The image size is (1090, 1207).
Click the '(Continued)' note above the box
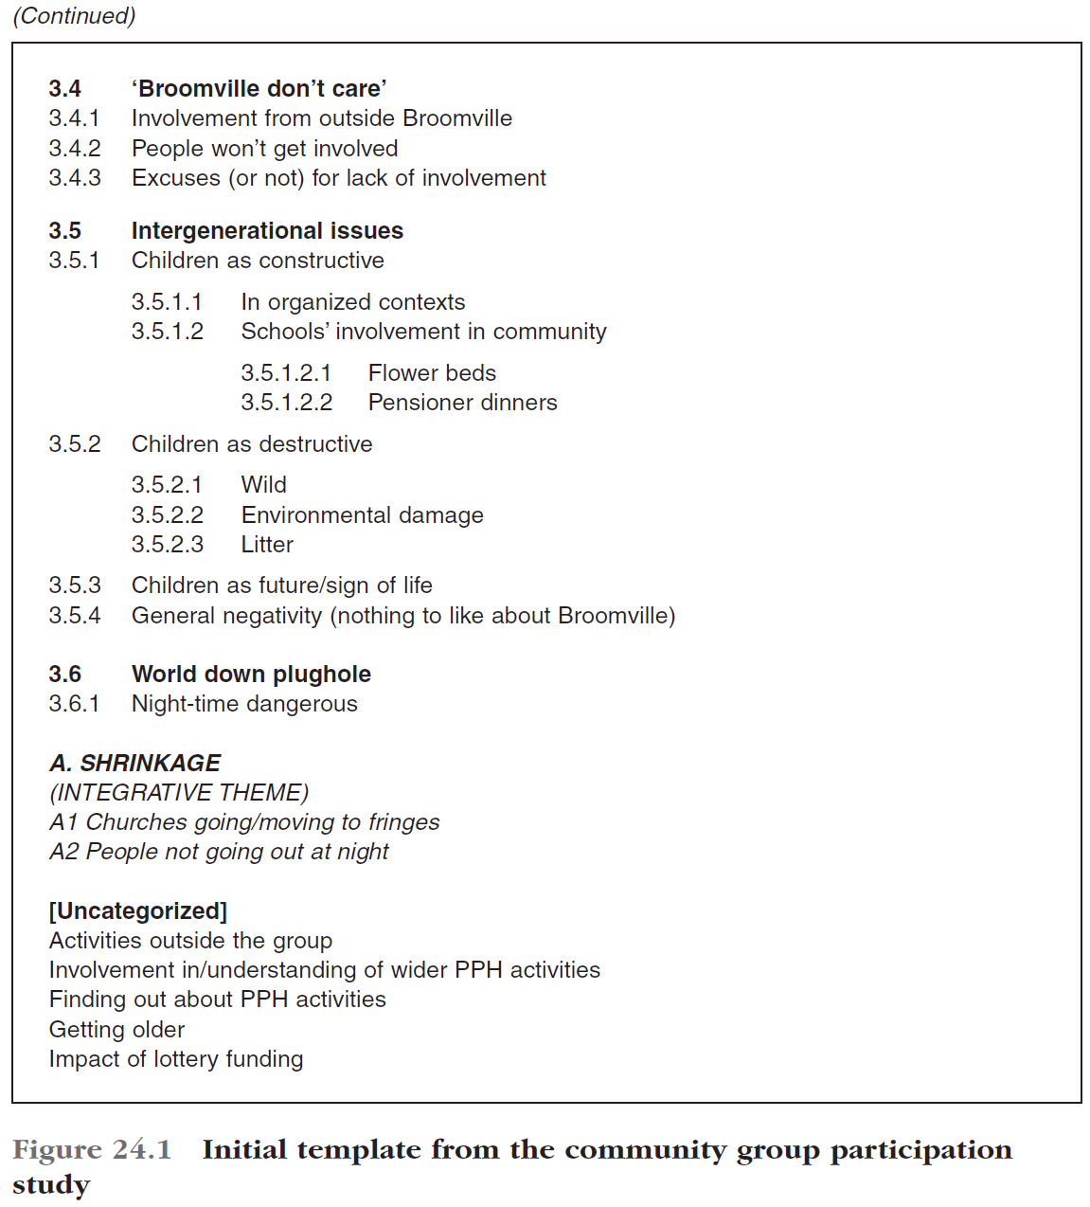[74, 16]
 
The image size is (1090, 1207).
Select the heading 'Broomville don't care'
[259, 89]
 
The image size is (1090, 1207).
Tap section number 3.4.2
[75, 149]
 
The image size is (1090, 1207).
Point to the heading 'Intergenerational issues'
[267, 231]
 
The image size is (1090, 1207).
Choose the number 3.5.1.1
[167, 302]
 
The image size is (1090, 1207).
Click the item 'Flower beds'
[432, 373]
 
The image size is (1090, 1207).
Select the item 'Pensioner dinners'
[462, 403]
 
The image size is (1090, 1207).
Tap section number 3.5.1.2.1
[286, 373]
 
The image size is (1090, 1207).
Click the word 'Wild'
[263, 485]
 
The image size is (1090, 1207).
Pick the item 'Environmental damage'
[362, 515]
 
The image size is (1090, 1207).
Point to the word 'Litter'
[267, 545]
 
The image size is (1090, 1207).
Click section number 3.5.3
[75, 585]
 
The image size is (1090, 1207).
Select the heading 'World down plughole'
[251, 675]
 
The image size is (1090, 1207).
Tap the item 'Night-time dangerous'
[244, 704]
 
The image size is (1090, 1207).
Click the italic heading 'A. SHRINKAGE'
[134, 764]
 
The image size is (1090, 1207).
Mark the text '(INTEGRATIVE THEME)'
[179, 793]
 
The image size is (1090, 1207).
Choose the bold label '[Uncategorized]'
[138, 911]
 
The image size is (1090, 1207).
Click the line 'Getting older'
[116, 1030]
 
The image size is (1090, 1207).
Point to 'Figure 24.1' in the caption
[92, 1150]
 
